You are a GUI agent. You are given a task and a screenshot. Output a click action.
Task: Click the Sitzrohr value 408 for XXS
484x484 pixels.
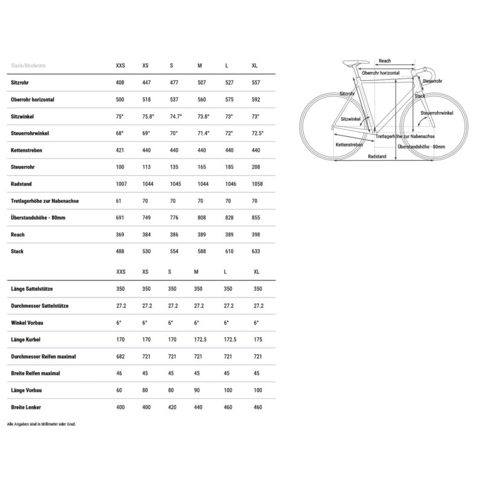tap(120, 82)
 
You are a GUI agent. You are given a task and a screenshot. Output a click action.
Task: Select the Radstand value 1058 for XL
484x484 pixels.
tap(257, 184)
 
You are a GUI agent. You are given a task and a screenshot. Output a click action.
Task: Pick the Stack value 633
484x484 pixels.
tap(256, 252)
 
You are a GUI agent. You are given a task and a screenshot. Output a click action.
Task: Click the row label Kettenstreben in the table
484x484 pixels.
tap(26, 150)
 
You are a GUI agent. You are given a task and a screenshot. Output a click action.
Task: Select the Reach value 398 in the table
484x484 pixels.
tap(256, 235)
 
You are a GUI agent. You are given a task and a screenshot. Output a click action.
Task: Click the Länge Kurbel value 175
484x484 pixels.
tap(258, 339)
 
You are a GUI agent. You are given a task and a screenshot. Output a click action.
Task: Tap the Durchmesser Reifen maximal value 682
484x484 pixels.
tap(120, 356)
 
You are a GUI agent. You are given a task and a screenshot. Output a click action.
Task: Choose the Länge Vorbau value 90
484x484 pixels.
tap(198, 390)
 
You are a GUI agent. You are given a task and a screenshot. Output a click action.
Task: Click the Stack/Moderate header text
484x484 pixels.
tap(28, 65)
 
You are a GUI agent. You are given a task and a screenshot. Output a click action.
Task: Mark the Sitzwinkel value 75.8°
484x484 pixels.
tap(148, 116)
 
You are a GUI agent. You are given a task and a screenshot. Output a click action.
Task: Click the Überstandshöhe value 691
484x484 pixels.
tap(120, 218)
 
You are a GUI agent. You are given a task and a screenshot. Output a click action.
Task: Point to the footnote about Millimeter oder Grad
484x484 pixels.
tap(42, 424)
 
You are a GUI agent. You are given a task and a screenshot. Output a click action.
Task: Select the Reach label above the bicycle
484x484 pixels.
tap(385, 61)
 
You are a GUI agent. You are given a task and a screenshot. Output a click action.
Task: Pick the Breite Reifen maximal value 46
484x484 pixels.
tap(120, 373)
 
